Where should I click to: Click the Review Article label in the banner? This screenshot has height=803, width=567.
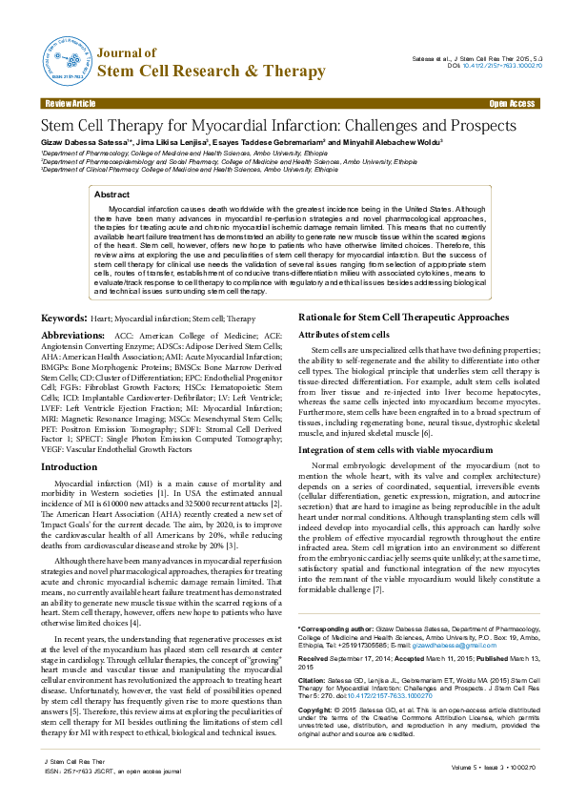point(70,103)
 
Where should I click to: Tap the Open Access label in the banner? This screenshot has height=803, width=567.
point(512,103)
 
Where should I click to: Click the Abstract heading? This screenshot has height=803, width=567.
point(112,194)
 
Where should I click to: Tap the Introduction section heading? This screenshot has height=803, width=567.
point(69,466)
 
